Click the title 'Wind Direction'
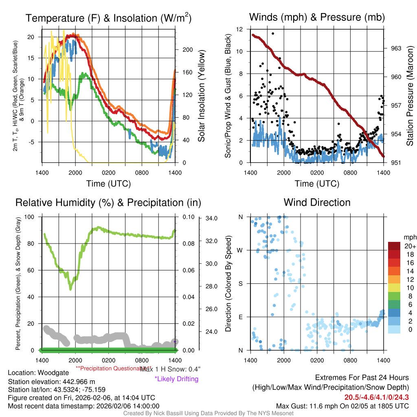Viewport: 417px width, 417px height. coord(317,202)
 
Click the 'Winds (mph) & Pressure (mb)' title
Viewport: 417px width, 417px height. coord(317,18)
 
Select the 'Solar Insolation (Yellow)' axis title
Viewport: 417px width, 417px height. coord(202,96)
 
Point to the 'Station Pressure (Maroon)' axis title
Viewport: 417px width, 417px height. coord(410,96)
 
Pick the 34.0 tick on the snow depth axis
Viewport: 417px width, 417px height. coord(211,218)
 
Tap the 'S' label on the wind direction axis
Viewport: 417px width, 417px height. coord(241,283)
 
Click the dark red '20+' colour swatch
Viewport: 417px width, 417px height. coord(395,246)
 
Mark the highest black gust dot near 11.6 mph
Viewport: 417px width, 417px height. coord(272,33)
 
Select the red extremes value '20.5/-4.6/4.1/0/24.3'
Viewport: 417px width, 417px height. coord(377,397)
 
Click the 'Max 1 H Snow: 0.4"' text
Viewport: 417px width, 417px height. coord(170,369)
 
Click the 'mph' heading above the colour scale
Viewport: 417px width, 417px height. coord(409,237)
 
